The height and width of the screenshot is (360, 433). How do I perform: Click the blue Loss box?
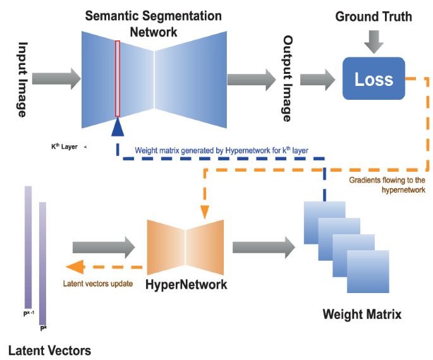(x=374, y=78)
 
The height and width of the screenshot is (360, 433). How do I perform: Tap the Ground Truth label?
(x=374, y=16)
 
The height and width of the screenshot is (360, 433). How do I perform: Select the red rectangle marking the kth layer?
(x=118, y=78)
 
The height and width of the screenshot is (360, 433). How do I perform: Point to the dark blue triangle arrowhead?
(x=118, y=129)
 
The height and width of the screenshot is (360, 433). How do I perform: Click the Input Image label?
(x=22, y=79)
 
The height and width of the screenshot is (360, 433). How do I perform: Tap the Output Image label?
(x=287, y=79)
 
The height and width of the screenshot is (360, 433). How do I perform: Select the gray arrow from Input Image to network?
(x=56, y=79)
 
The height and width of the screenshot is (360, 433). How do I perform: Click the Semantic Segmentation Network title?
(x=154, y=22)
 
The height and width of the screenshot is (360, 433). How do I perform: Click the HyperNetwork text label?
(x=186, y=285)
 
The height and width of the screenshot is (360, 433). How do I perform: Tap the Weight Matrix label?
(x=362, y=313)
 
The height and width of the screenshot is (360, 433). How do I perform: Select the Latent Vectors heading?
(x=50, y=350)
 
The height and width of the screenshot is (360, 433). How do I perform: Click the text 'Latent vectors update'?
(x=98, y=284)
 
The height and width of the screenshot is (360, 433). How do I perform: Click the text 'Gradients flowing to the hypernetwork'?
(x=387, y=184)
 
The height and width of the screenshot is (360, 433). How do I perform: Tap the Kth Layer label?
(x=64, y=147)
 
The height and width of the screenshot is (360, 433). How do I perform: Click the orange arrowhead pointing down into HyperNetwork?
(x=204, y=212)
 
